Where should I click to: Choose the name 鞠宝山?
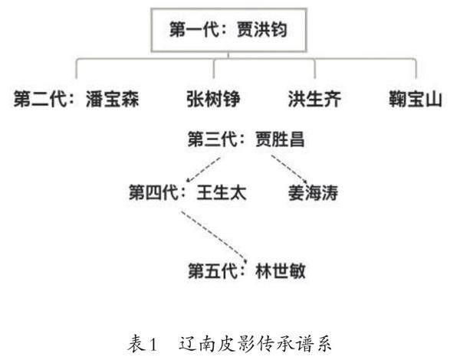coord(415,100)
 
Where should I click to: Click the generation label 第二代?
coord(39,100)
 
